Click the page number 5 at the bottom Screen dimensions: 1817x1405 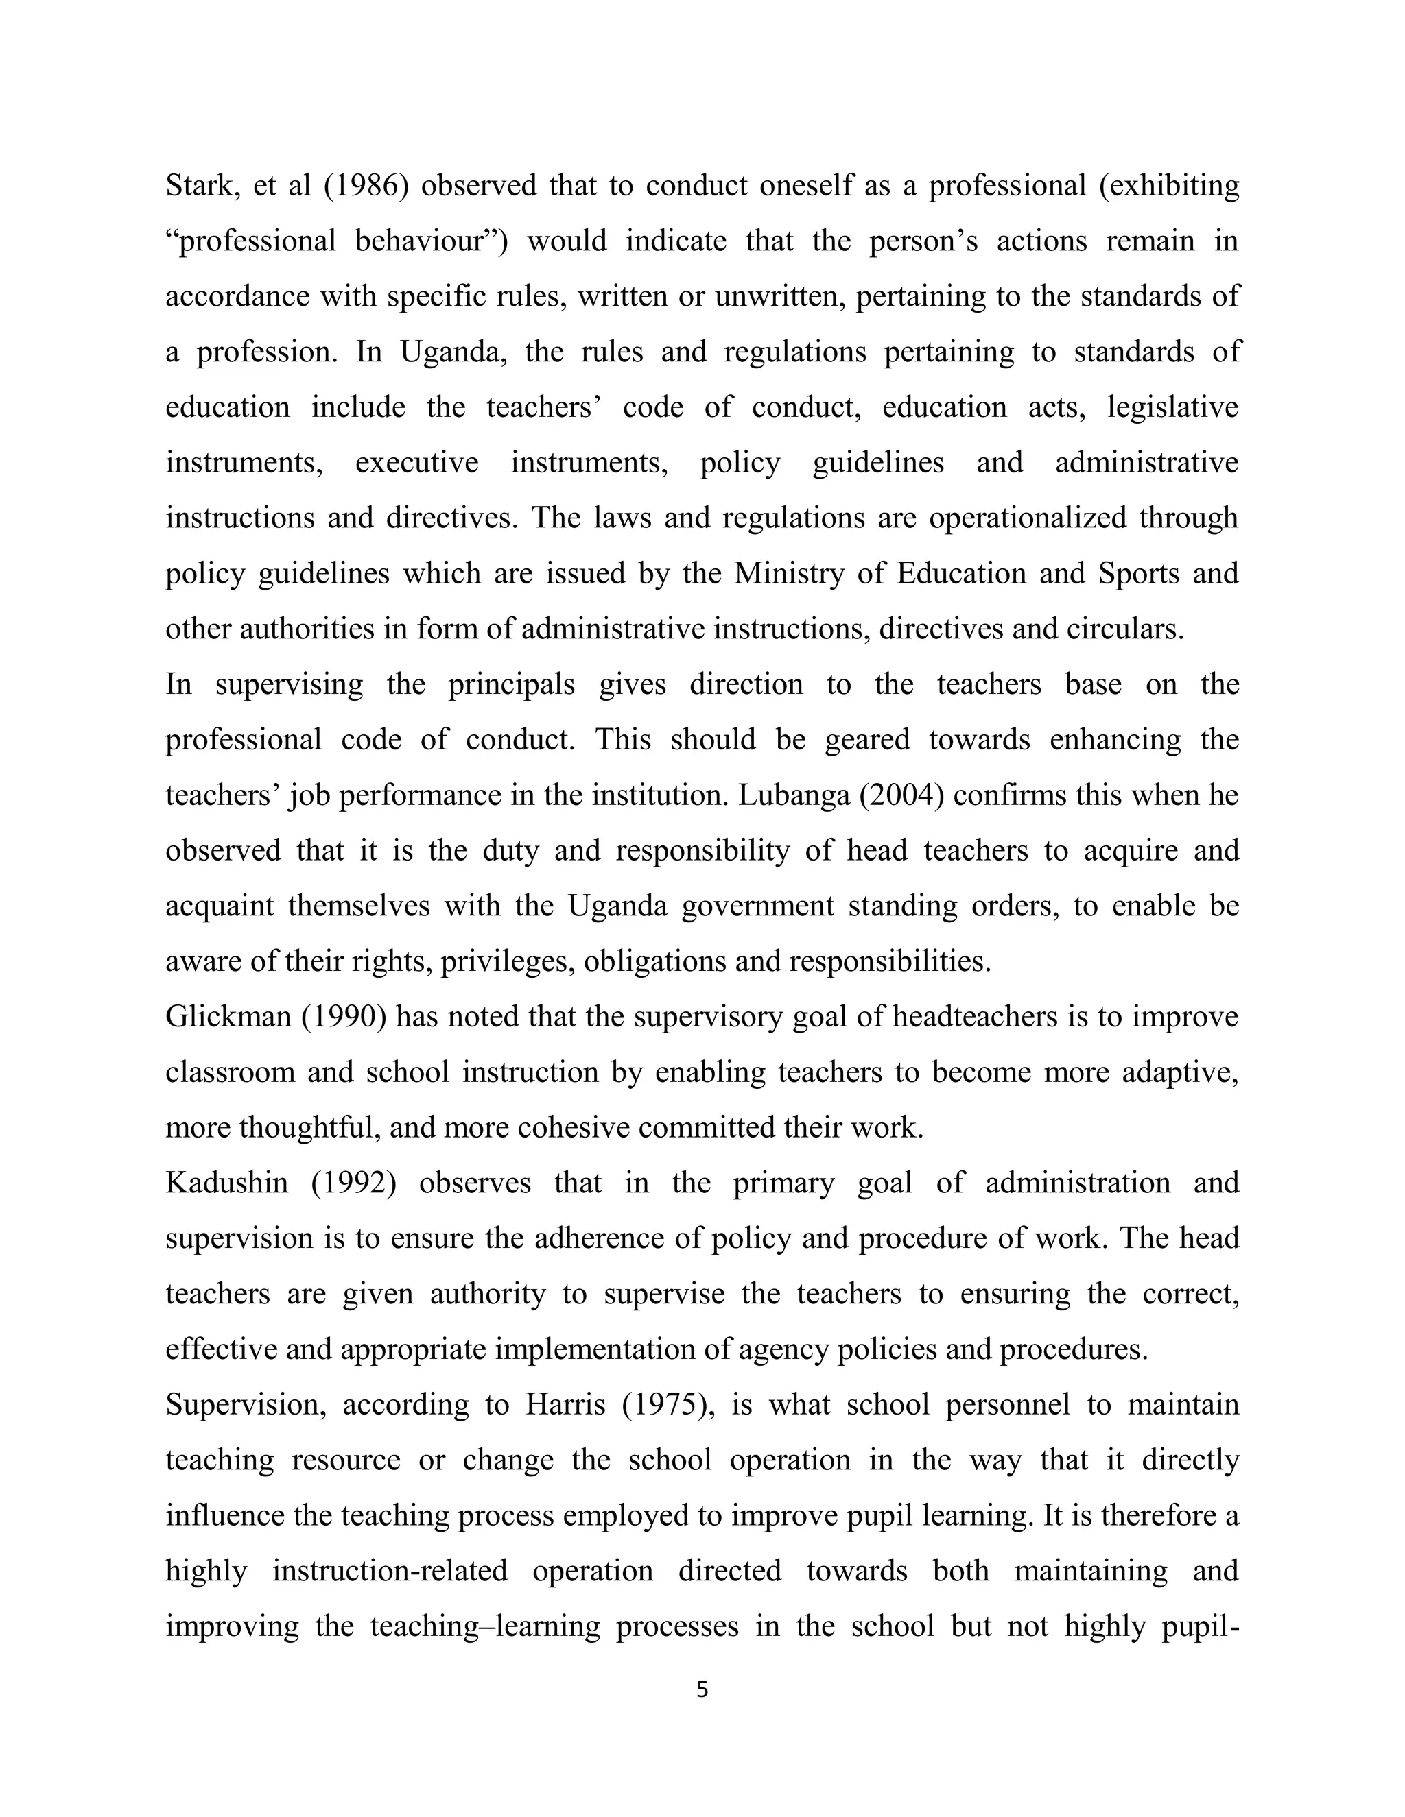(x=702, y=1689)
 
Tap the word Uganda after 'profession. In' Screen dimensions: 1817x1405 (x=452, y=351)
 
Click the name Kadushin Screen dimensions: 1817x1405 (x=226, y=1182)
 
